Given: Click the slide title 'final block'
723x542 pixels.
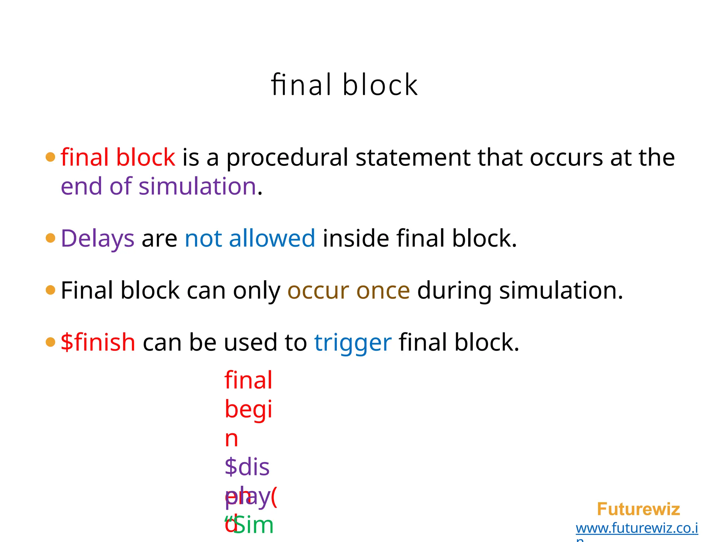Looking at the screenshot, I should coord(344,85).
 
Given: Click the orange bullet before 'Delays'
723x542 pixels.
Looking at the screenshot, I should coord(50,238).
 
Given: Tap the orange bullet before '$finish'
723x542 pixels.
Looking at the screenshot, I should coord(50,342).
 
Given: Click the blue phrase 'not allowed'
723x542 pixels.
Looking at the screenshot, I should coord(250,239).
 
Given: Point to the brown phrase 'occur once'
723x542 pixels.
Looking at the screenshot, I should coord(348,290).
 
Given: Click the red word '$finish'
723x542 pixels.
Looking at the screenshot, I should coord(98,342).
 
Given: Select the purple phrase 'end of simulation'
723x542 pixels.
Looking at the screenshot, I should coord(158,186).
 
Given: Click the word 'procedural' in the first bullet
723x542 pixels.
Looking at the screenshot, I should coord(287,158).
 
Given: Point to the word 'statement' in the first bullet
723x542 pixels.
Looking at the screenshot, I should coord(413,157).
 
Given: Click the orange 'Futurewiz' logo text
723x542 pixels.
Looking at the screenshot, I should coord(638,509).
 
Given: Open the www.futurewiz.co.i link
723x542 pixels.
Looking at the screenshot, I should coord(637,528).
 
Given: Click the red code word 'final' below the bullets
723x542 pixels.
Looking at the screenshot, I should coord(248,380).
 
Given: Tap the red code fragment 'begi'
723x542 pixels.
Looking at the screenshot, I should coord(248,409).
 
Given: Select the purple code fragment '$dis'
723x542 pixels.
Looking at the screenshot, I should coord(247,467).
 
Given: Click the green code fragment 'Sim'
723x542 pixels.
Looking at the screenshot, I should coord(253,525).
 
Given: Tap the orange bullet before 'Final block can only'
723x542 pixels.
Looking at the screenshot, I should coord(50,290).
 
